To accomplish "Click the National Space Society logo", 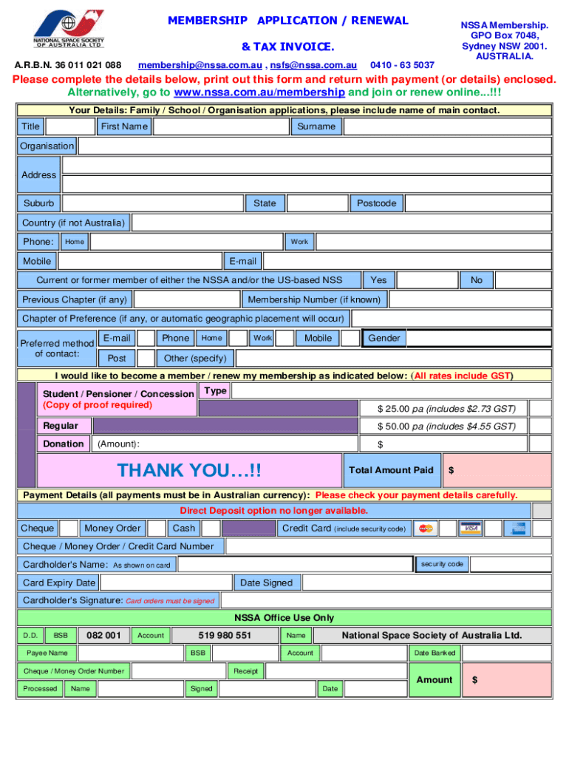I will click(68, 28).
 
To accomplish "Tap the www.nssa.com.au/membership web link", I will click(259, 92).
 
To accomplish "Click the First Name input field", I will click(220, 126).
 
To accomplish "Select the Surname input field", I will click(447, 126).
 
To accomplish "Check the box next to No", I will click(522, 280).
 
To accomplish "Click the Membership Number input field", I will click(469, 299).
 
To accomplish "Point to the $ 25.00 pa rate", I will click(446, 409).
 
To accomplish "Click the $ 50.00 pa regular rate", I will click(446, 427).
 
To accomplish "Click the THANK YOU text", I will click(190, 470).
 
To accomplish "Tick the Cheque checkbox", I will click(69, 528).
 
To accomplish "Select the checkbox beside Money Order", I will click(156, 528).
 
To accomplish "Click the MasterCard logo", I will click(425, 528).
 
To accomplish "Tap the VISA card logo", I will click(470, 528).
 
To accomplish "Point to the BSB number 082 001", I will click(103, 635).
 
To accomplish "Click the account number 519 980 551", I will click(225, 635).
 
